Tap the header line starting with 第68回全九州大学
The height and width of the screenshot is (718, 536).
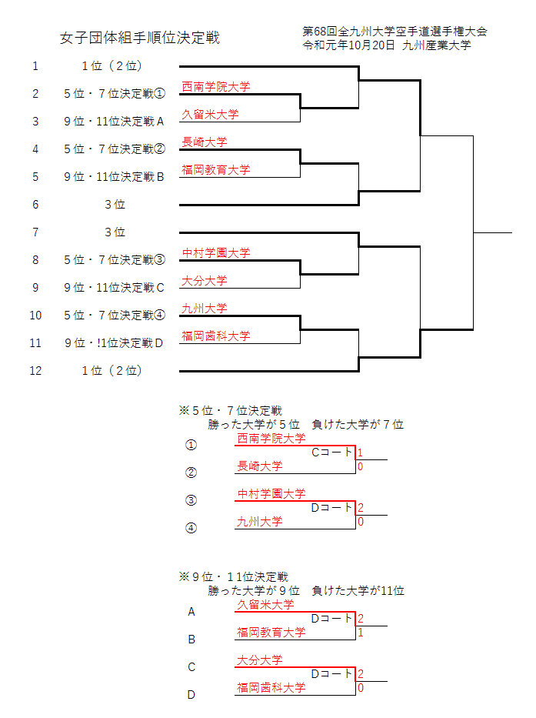[x=395, y=32]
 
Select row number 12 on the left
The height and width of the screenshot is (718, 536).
[x=35, y=370]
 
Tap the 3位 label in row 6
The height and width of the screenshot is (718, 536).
[x=115, y=205]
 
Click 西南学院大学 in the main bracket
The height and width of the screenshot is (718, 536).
[x=216, y=87]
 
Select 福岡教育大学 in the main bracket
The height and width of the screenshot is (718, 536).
[x=216, y=170]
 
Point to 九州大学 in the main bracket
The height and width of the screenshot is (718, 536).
[x=205, y=309]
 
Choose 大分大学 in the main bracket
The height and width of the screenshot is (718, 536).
[x=205, y=281]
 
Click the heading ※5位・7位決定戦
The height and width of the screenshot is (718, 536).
[x=230, y=411]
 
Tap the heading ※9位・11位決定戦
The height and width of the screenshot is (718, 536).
[x=233, y=576]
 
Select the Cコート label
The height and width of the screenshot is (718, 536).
[x=331, y=453]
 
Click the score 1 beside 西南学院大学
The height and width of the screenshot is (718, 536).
[x=360, y=453]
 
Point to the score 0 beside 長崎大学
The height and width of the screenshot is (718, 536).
[x=360, y=466]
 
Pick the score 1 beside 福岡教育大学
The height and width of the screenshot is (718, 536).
[x=360, y=633]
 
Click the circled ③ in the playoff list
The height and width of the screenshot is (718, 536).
[x=191, y=500]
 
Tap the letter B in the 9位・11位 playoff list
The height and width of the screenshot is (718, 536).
[x=191, y=640]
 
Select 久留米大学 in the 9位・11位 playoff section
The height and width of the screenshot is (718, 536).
[x=266, y=605]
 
